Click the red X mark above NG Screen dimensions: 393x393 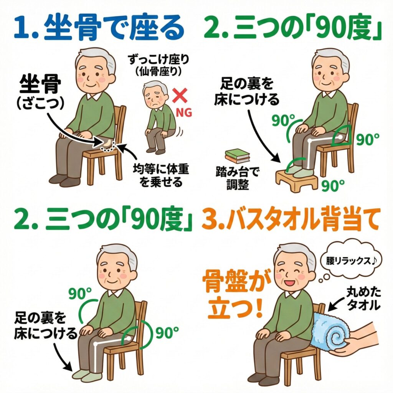click(x=180, y=96)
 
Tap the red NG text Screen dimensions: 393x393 click(x=184, y=112)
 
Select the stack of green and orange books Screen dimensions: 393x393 click(x=237, y=156)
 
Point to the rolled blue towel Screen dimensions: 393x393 click(x=331, y=331)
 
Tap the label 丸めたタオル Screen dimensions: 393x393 click(x=363, y=299)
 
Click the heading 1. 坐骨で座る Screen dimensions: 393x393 click(x=99, y=28)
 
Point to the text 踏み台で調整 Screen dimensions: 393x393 click(x=238, y=179)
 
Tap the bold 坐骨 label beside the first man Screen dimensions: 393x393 click(x=40, y=85)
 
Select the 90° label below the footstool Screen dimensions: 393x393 click(x=333, y=185)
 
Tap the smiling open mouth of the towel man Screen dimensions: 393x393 click(x=288, y=283)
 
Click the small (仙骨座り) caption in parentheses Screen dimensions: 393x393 click(x=159, y=72)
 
